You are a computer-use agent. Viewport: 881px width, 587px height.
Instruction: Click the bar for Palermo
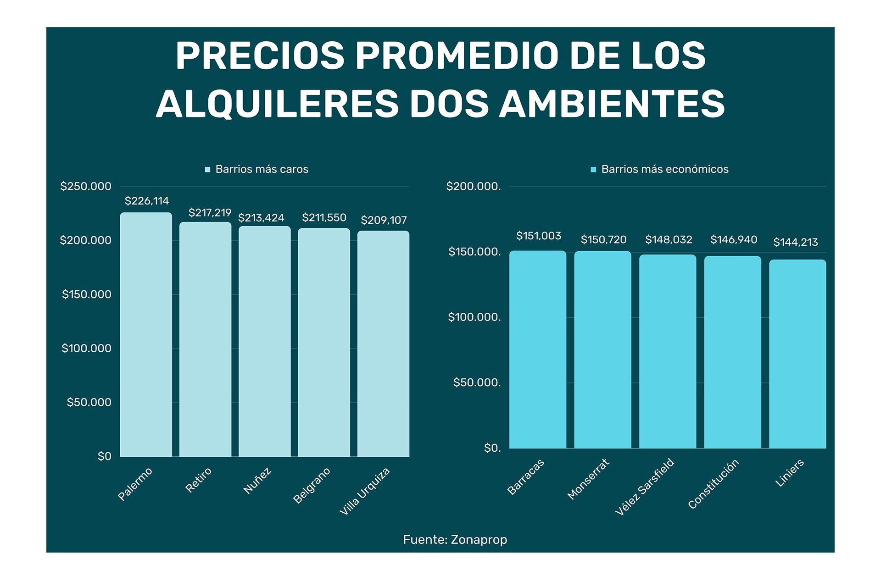click(146, 335)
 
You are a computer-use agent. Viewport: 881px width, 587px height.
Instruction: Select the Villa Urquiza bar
click(383, 344)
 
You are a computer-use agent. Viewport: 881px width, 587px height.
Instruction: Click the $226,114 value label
click(147, 201)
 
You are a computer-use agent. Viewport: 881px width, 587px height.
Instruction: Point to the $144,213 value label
click(796, 242)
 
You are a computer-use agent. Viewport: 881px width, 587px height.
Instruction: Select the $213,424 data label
click(261, 218)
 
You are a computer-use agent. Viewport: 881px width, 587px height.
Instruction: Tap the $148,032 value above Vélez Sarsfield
click(669, 239)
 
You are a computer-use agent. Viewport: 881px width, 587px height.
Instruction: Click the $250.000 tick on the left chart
click(86, 186)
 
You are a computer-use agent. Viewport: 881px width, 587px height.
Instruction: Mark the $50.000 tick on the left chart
click(89, 402)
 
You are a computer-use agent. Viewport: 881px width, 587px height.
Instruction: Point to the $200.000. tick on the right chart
click(474, 186)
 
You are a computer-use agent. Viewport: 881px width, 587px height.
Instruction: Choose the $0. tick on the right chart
click(492, 448)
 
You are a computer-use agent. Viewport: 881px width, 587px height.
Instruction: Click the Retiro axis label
click(199, 480)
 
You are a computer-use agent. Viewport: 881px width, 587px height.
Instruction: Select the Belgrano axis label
click(312, 485)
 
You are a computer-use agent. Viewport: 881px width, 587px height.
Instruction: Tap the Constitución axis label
click(714, 484)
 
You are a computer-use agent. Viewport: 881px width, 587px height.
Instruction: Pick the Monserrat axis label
click(588, 479)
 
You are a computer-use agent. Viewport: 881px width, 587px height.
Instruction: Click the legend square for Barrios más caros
click(207, 170)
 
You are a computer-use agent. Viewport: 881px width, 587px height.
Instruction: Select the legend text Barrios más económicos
click(664, 169)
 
